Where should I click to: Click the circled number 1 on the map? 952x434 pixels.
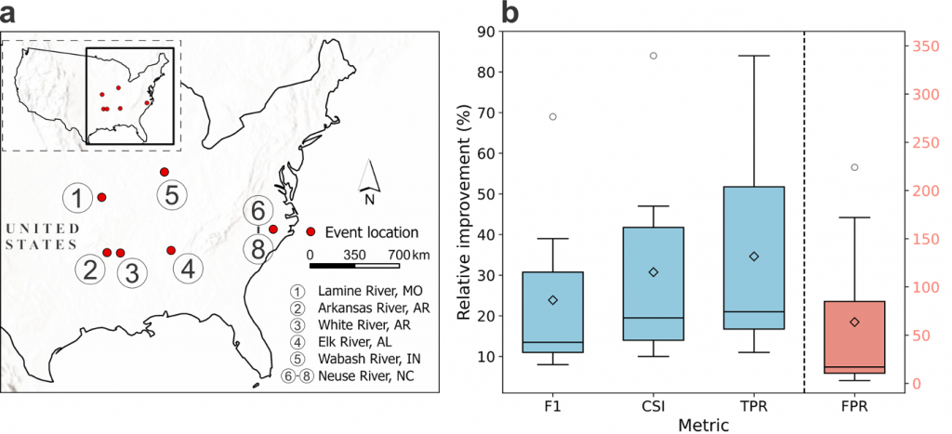coord(79,198)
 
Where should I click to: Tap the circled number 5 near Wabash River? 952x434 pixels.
coord(172,195)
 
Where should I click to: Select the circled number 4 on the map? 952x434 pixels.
coord(188,270)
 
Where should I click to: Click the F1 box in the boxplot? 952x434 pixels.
coord(552,312)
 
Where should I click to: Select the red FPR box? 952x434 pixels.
coord(853,336)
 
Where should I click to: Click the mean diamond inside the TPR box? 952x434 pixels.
coord(754,256)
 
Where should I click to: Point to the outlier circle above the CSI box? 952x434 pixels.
coord(653,56)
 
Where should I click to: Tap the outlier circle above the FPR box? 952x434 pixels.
coord(853,167)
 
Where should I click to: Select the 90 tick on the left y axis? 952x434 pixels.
coord(486,31)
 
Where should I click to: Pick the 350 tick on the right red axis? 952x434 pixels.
coord(921,46)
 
